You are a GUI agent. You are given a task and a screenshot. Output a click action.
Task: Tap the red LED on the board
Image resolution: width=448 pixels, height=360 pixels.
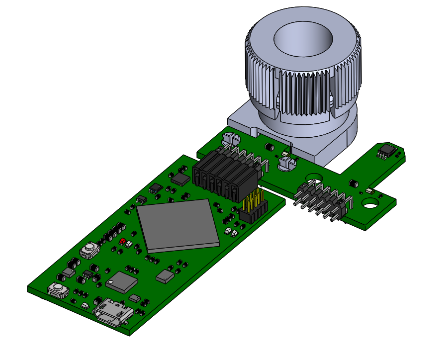(x=122, y=241)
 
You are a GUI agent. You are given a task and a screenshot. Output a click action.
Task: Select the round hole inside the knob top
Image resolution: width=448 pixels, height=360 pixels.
(x=303, y=38)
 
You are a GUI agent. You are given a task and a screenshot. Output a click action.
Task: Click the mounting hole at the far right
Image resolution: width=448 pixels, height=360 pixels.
(x=369, y=203)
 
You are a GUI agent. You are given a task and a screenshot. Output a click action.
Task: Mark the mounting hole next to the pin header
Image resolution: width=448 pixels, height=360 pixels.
(x=313, y=177)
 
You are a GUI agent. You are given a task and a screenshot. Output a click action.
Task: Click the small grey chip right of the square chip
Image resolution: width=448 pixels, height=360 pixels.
(x=165, y=276)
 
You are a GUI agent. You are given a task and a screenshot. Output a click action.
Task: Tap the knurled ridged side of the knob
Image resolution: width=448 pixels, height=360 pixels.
(x=303, y=94)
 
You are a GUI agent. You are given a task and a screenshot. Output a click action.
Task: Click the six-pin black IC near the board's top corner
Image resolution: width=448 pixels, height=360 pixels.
(x=156, y=187)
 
